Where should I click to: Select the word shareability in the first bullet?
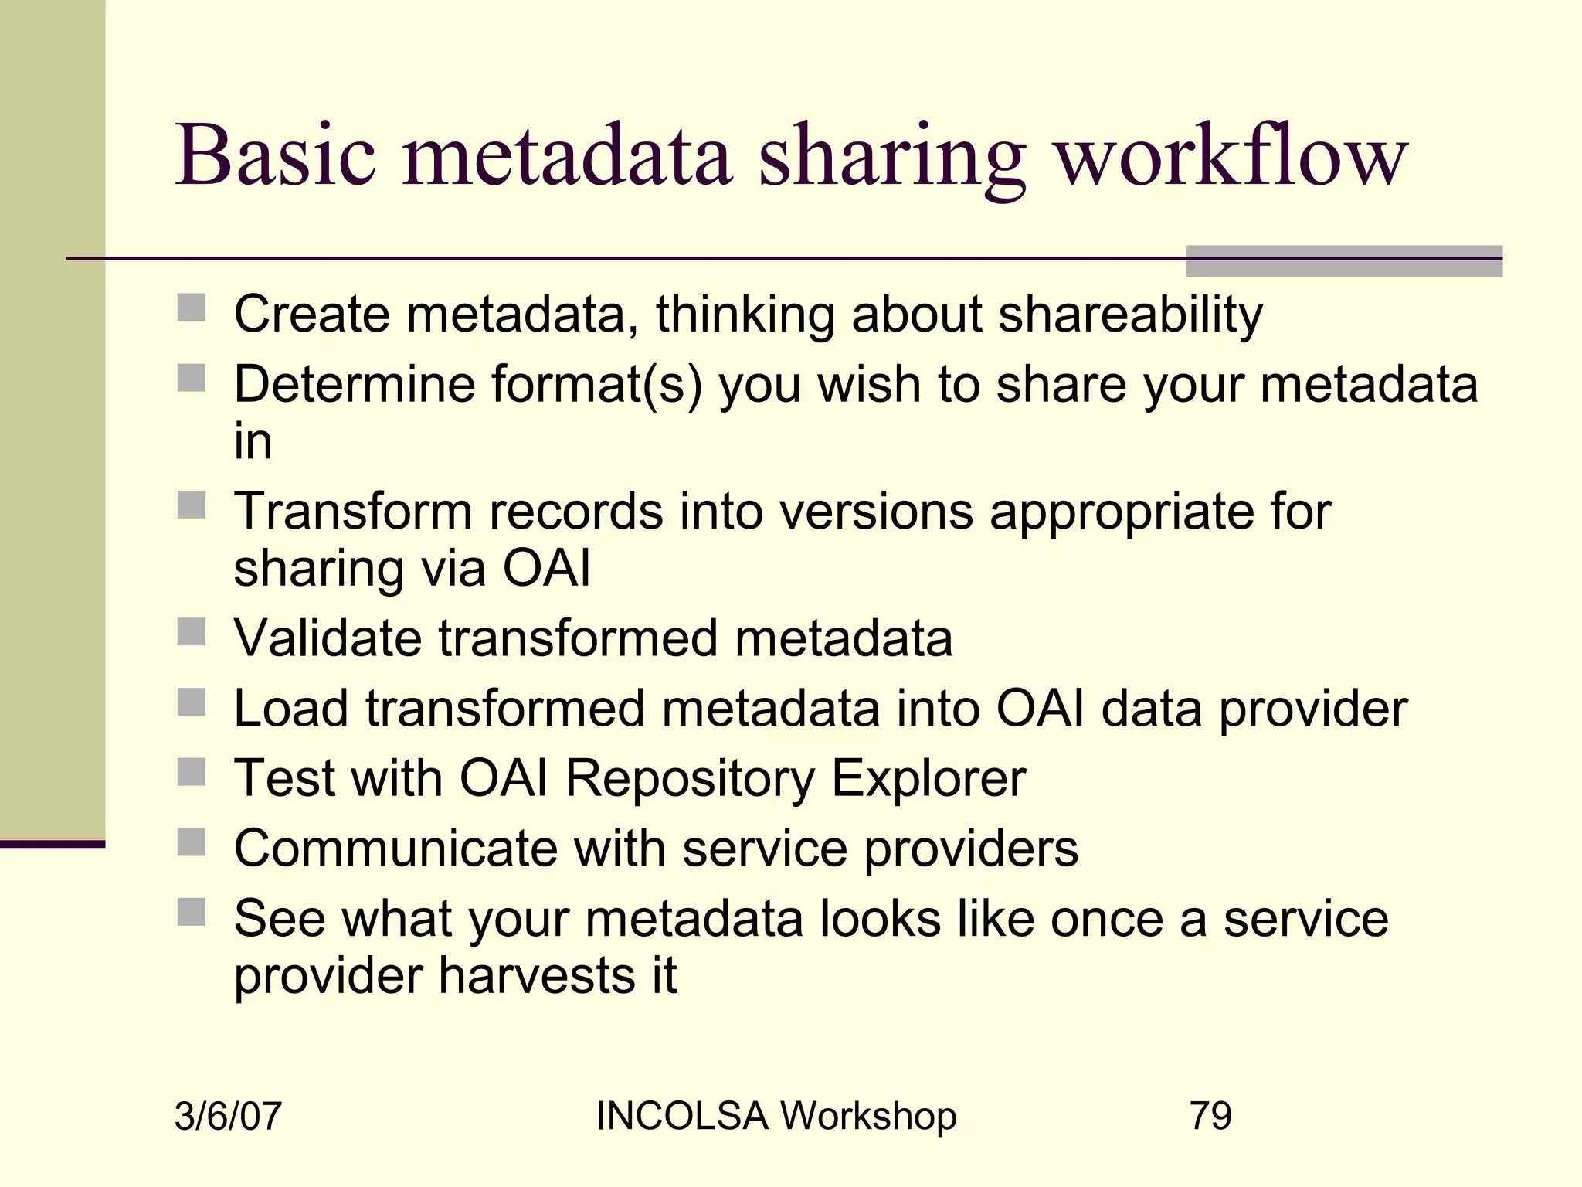[x=1130, y=315]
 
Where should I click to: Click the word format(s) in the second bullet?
[x=596, y=384]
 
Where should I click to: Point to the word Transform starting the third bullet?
[x=352, y=512]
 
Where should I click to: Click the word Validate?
[x=328, y=638]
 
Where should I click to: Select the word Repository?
[x=689, y=778]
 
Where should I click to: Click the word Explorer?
[x=928, y=778]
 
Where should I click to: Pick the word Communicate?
[x=395, y=849]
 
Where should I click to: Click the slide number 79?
[x=1210, y=1116]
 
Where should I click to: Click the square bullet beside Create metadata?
[x=192, y=308]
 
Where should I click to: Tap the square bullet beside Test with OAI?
[x=192, y=772]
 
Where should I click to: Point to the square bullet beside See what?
[x=192, y=912]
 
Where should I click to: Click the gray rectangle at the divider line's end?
[x=1343, y=261]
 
